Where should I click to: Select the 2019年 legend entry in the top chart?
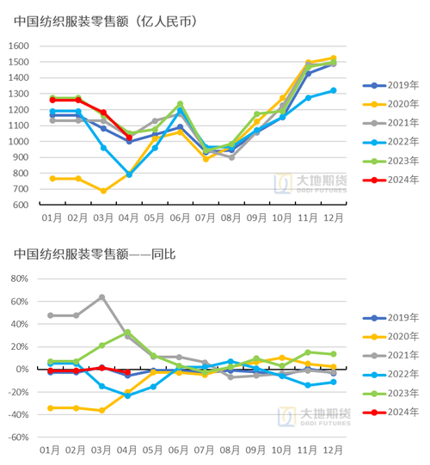(389, 86)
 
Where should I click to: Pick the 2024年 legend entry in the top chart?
(389, 180)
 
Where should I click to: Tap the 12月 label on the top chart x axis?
(333, 220)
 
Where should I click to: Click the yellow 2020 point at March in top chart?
(104, 191)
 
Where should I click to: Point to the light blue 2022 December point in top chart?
(333, 90)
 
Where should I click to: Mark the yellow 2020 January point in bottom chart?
(53, 407)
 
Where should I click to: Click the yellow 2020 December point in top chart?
(333, 58)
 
